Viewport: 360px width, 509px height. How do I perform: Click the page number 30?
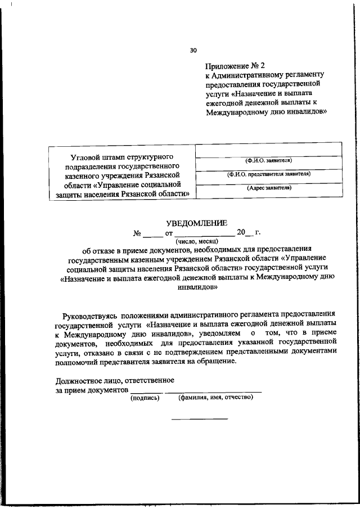pyautogui.click(x=193, y=50)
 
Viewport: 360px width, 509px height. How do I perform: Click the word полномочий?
pyautogui.click(x=78, y=361)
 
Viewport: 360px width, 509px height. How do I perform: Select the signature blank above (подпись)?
pyautogui.click(x=146, y=391)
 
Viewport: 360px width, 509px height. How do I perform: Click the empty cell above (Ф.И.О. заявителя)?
pyautogui.click(x=268, y=150)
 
